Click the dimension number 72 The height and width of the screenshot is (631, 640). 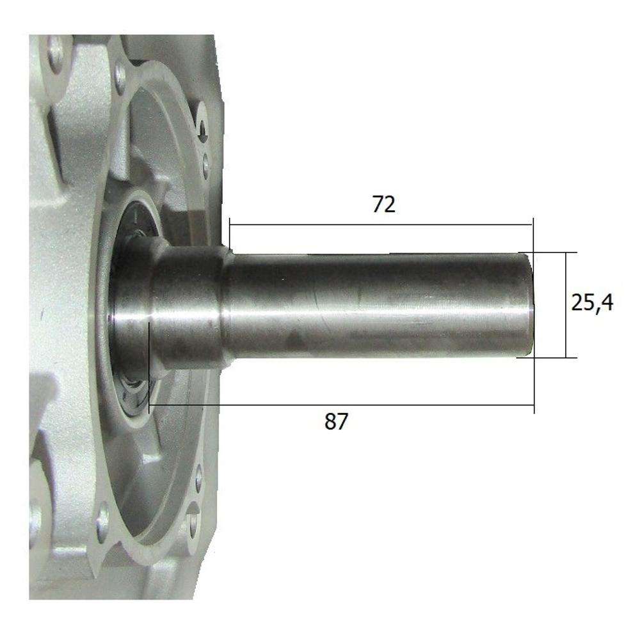[384, 205]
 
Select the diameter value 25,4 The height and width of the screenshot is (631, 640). [592, 302]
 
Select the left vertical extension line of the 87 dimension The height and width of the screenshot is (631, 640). [148, 364]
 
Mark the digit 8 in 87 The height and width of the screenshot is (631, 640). [329, 422]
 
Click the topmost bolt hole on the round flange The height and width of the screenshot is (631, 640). [120, 76]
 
